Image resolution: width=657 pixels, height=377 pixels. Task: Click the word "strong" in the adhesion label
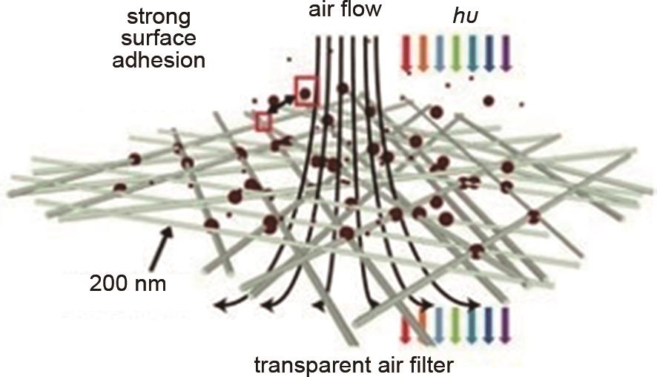coord(159,18)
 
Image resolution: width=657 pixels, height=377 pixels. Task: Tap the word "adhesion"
coord(159,60)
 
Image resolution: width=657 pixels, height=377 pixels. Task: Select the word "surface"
coord(159,39)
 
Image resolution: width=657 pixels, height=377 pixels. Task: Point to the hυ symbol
coord(466,16)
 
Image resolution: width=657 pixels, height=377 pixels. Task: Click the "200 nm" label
coord(128,283)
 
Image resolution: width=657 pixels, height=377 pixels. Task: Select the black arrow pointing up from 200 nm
coord(161,248)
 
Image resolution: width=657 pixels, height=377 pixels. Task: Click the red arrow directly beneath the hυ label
coord(406,53)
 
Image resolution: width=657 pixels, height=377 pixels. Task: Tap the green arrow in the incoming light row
coord(456,53)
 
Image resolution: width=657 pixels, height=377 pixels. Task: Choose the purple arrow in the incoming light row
coord(506,53)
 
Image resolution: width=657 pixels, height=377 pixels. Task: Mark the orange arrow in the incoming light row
coord(423,53)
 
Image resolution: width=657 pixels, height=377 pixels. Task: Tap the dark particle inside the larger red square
coord(306,93)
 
